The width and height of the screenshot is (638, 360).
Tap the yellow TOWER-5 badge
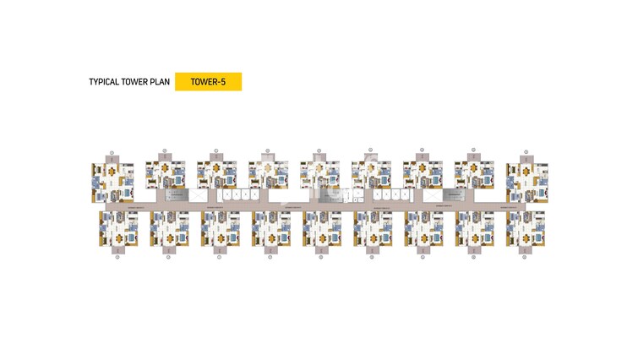coord(208,82)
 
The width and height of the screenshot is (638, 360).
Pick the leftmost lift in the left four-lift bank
coord(225,195)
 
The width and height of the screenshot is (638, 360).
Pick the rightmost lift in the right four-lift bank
coord(404,195)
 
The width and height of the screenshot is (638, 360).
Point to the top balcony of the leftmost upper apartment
coord(112,160)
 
